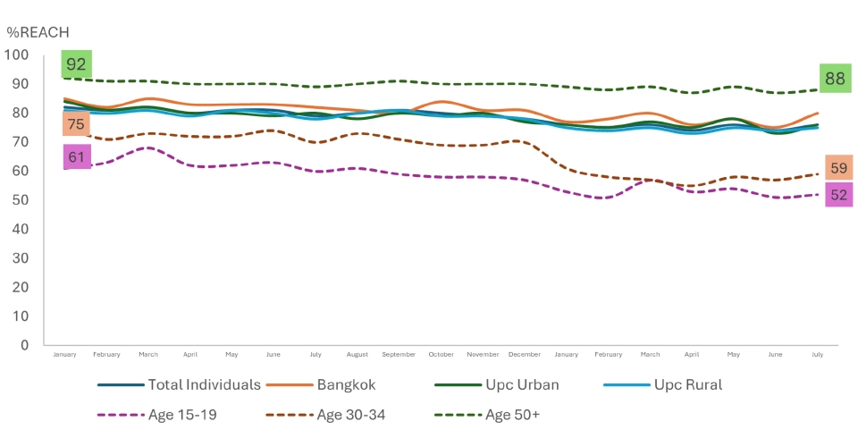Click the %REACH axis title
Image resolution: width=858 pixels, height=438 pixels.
click(x=38, y=32)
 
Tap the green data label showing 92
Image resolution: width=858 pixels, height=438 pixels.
click(x=76, y=64)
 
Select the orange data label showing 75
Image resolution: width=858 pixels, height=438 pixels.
click(x=76, y=124)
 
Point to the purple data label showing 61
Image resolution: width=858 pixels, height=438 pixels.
click(x=76, y=158)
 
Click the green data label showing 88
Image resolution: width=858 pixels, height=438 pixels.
click(x=835, y=78)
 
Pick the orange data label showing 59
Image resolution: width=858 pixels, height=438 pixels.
click(x=838, y=168)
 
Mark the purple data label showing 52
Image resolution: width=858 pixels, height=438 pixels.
click(x=838, y=194)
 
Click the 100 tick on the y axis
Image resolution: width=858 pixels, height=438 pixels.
click(x=17, y=55)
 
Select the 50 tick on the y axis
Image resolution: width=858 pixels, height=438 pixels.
click(x=21, y=200)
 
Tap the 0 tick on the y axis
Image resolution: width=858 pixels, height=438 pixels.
click(x=24, y=345)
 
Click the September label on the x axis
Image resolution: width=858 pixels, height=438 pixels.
click(x=400, y=355)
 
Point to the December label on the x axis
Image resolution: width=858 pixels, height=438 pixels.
click(x=525, y=355)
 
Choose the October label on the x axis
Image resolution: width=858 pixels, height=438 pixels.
click(x=442, y=355)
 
